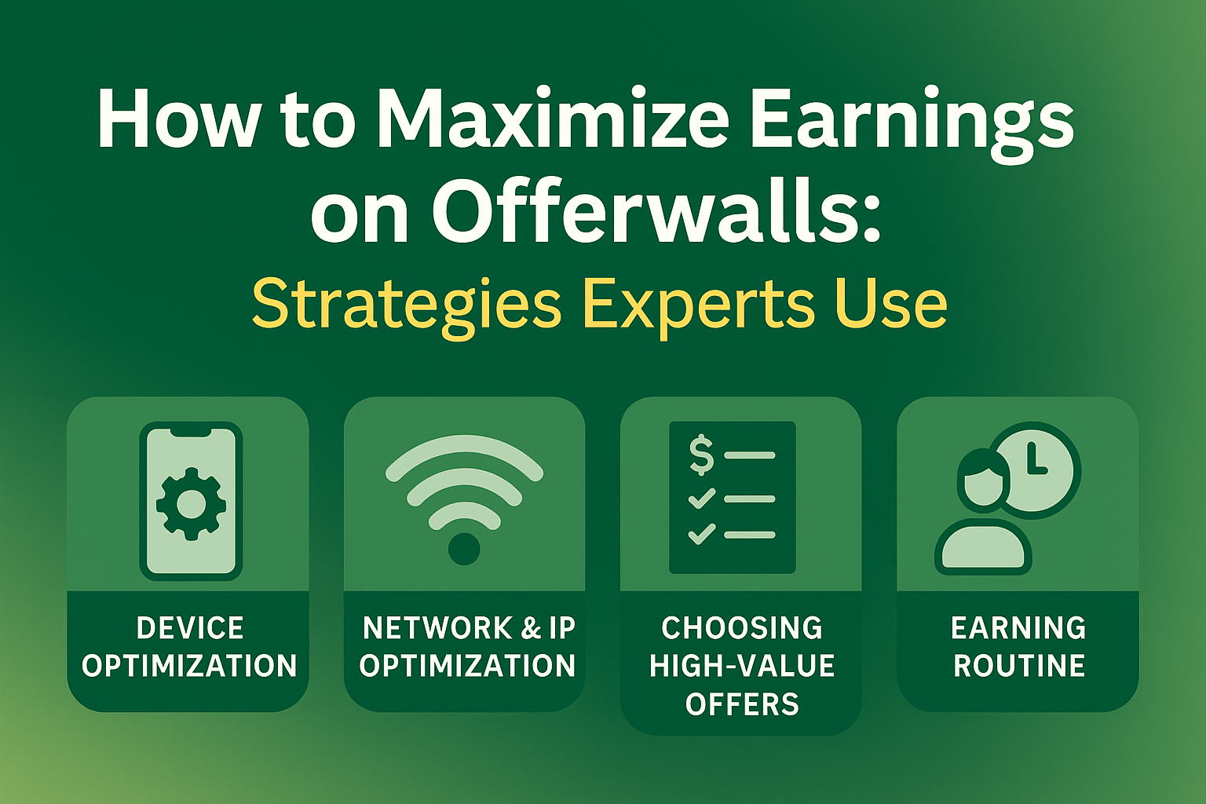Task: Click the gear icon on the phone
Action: pos(191,503)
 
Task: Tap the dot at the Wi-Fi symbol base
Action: pos(464,549)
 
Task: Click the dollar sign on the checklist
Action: pos(701,455)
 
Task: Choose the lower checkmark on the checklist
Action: pos(701,534)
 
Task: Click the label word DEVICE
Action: pos(190,628)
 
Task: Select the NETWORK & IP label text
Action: pos(469,628)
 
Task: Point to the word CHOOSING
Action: pos(742,628)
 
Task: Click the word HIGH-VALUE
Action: pos(742,666)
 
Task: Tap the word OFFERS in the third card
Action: pos(742,704)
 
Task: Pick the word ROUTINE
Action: pos(1019,666)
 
